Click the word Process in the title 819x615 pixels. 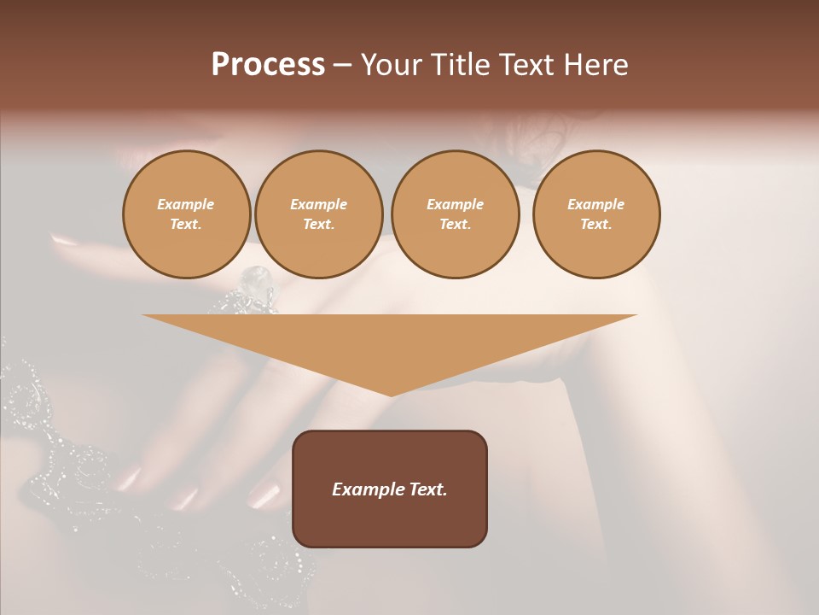(x=268, y=65)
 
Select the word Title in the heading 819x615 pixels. (x=460, y=65)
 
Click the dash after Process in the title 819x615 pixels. (x=343, y=66)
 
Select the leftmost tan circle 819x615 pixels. (x=186, y=214)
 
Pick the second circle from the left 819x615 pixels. (x=318, y=214)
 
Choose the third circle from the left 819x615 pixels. (x=455, y=214)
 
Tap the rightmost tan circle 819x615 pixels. (x=595, y=214)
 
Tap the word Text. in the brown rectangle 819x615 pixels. (x=426, y=489)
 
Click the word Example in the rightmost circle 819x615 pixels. (x=595, y=204)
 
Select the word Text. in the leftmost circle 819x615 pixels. (x=186, y=225)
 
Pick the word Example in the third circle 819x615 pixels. (x=455, y=204)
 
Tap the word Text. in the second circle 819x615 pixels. (x=318, y=225)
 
